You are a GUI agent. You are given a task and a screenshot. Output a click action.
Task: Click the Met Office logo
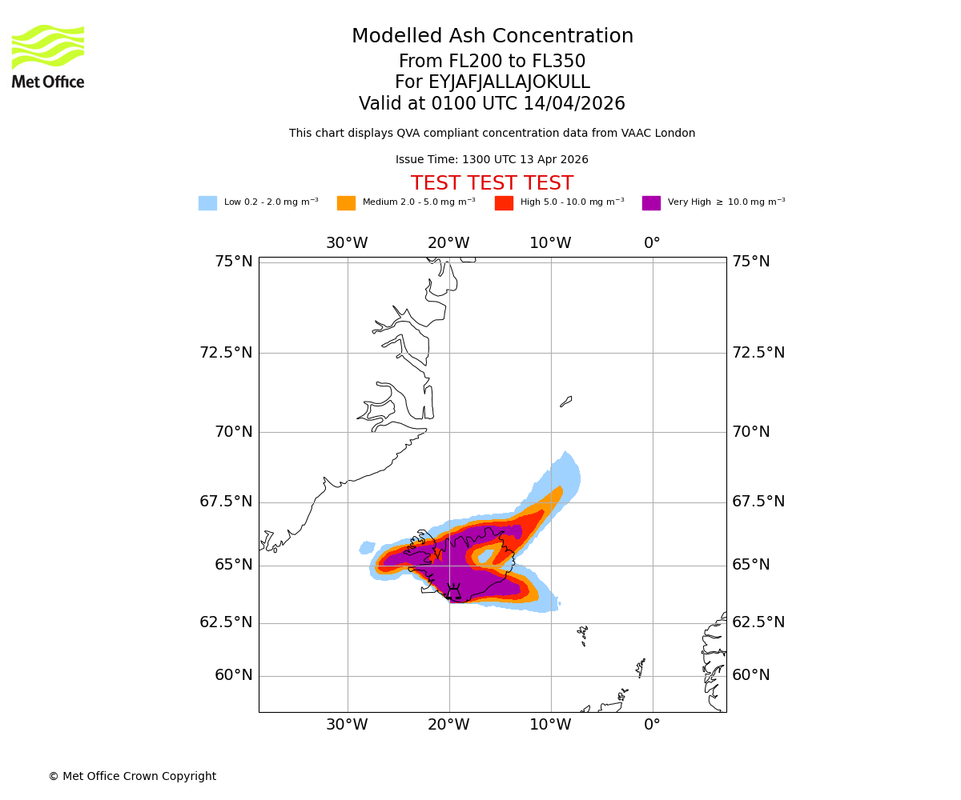48,56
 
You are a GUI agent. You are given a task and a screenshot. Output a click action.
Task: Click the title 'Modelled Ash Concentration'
492,37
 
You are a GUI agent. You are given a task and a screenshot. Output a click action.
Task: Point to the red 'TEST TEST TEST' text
492,184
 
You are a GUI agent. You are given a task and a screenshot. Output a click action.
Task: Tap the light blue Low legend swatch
207,203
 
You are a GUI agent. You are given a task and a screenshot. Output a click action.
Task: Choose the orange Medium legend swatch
346,203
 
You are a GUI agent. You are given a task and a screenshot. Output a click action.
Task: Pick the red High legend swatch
504,203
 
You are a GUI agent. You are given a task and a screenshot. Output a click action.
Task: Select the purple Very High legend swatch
651,203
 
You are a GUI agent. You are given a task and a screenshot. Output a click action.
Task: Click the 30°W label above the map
347,243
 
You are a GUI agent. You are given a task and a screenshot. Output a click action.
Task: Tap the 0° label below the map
653,725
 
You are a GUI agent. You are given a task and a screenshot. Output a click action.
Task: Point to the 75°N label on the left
233,262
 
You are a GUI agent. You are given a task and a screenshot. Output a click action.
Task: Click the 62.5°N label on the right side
758,622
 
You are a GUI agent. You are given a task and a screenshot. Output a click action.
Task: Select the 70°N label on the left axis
233,432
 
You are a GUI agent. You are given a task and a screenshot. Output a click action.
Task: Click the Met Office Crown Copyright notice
132,777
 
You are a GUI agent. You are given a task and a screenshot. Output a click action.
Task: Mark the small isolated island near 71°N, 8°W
566,402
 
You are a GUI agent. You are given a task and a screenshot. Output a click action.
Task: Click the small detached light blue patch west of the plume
367,548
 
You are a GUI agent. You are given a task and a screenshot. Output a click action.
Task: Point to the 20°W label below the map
448,725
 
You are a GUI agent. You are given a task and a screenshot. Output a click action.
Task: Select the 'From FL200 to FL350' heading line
492,62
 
